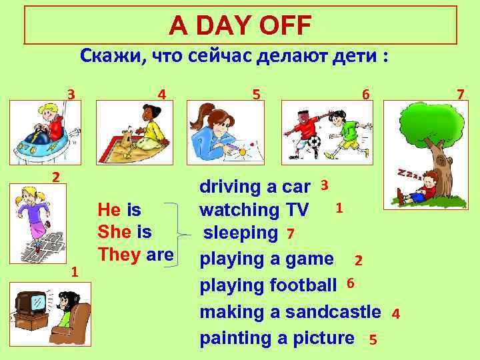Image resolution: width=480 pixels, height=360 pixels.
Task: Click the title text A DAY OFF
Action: click(240, 26)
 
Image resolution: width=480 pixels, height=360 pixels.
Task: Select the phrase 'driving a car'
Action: click(255, 187)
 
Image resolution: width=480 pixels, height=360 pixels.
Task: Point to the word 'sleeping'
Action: click(241, 233)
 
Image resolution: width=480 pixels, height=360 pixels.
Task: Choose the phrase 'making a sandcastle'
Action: click(291, 311)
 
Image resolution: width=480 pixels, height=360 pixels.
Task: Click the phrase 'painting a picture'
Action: click(277, 337)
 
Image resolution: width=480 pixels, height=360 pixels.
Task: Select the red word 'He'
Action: click(109, 210)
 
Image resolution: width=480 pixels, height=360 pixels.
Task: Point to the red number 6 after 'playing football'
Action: click(351, 284)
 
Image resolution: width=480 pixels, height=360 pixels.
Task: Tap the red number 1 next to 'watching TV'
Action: click(339, 208)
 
